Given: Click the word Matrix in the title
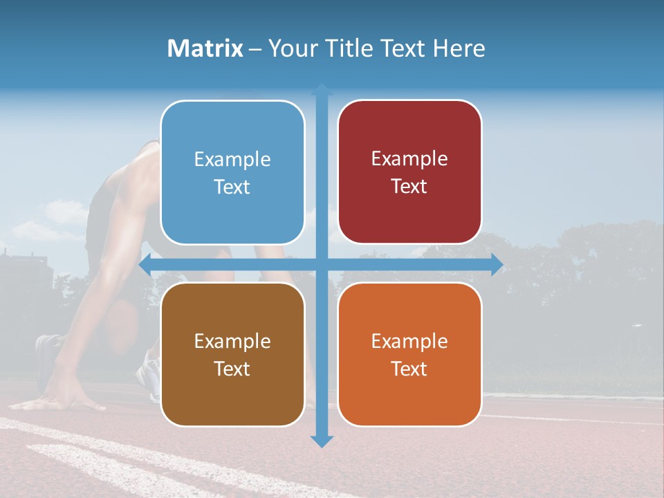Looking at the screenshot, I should [x=205, y=48].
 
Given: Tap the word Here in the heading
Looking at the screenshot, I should [x=459, y=48].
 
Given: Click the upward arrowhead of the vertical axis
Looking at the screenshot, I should [x=322, y=89].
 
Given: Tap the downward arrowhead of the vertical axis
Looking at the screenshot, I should [x=322, y=441].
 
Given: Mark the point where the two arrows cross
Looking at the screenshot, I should [x=322, y=265].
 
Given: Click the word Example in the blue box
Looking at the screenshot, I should [x=232, y=160].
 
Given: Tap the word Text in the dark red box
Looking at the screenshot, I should [x=409, y=187].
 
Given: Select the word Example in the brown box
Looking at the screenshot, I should [x=232, y=341].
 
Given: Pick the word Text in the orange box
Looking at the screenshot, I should [x=409, y=369].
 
